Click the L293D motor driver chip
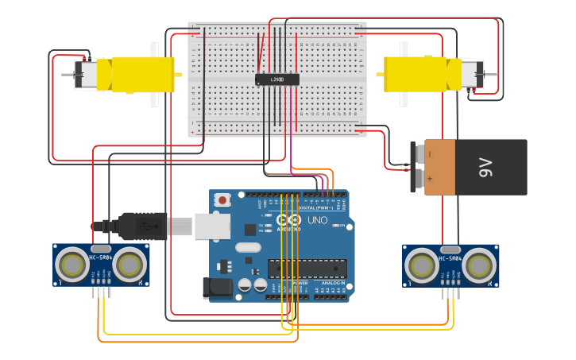(276, 79)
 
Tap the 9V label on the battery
(485, 167)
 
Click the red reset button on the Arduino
(223, 199)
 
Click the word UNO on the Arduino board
(317, 220)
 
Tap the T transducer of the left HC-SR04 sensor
(72, 265)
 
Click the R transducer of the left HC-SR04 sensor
(130, 265)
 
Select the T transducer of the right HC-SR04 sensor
(422, 265)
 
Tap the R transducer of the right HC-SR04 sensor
(479, 265)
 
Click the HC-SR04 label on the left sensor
(101, 257)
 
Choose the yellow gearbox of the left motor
(143, 75)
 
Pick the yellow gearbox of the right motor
(415, 74)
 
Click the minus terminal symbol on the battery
(429, 153)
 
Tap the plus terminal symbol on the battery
(429, 180)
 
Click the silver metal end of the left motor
(86, 74)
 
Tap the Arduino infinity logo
(289, 219)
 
